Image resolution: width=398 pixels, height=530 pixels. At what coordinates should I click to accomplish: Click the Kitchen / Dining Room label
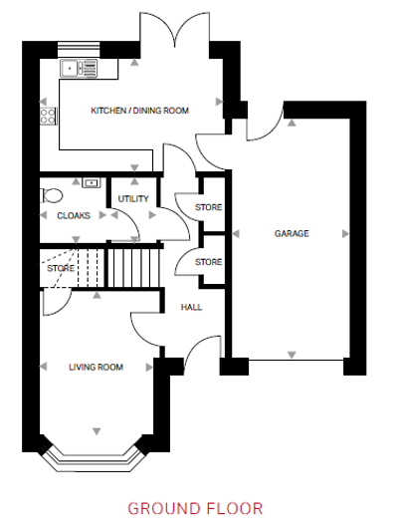pyautogui.click(x=139, y=111)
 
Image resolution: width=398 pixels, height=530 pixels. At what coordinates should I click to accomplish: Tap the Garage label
pyautogui.click(x=292, y=233)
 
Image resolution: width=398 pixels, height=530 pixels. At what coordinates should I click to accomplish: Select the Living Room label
pyautogui.click(x=96, y=367)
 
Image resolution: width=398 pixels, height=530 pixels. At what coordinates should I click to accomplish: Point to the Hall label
pyautogui.click(x=191, y=307)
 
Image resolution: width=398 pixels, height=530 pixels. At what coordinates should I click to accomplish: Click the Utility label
pyautogui.click(x=133, y=199)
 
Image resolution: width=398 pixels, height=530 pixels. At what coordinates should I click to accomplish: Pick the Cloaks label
pyautogui.click(x=74, y=215)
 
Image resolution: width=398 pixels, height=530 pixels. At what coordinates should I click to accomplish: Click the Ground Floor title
pyautogui.click(x=195, y=509)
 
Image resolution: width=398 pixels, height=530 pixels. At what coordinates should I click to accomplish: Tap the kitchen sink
pyautogui.click(x=79, y=68)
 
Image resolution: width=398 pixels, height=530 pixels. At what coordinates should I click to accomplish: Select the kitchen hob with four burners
pyautogui.click(x=49, y=116)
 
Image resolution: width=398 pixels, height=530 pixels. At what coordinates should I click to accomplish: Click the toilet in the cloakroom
pyautogui.click(x=52, y=195)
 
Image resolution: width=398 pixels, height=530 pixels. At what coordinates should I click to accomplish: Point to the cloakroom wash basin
pyautogui.click(x=92, y=183)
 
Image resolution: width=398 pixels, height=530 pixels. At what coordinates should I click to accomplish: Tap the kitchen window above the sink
pyautogui.click(x=79, y=50)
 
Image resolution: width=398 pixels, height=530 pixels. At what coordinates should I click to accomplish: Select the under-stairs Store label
pyautogui.click(x=61, y=268)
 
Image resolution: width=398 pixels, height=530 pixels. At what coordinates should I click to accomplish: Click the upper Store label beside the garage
pyautogui.click(x=209, y=207)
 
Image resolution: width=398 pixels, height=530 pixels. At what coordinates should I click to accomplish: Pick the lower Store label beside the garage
pyautogui.click(x=209, y=262)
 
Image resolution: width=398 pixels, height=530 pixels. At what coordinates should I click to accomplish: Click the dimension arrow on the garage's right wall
pyautogui.click(x=345, y=233)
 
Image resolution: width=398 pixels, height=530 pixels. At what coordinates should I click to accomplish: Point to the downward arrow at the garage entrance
pyautogui.click(x=292, y=355)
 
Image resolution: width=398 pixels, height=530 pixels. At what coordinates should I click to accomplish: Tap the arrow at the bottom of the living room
pyautogui.click(x=97, y=431)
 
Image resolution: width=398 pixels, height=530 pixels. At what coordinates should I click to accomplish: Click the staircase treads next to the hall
pyautogui.click(x=133, y=268)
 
